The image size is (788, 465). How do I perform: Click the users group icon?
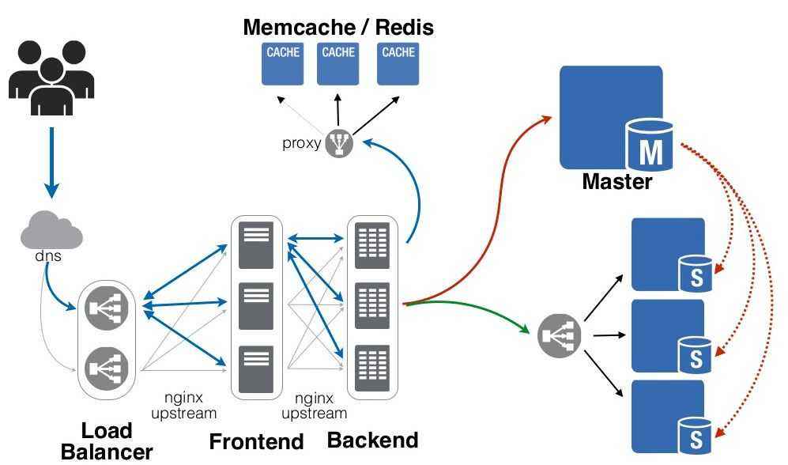[51, 75]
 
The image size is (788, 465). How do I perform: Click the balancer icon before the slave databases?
[560, 335]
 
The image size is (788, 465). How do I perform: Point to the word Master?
[617, 182]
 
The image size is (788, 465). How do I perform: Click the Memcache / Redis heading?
[338, 28]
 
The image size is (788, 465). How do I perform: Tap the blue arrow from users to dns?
[51, 162]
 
